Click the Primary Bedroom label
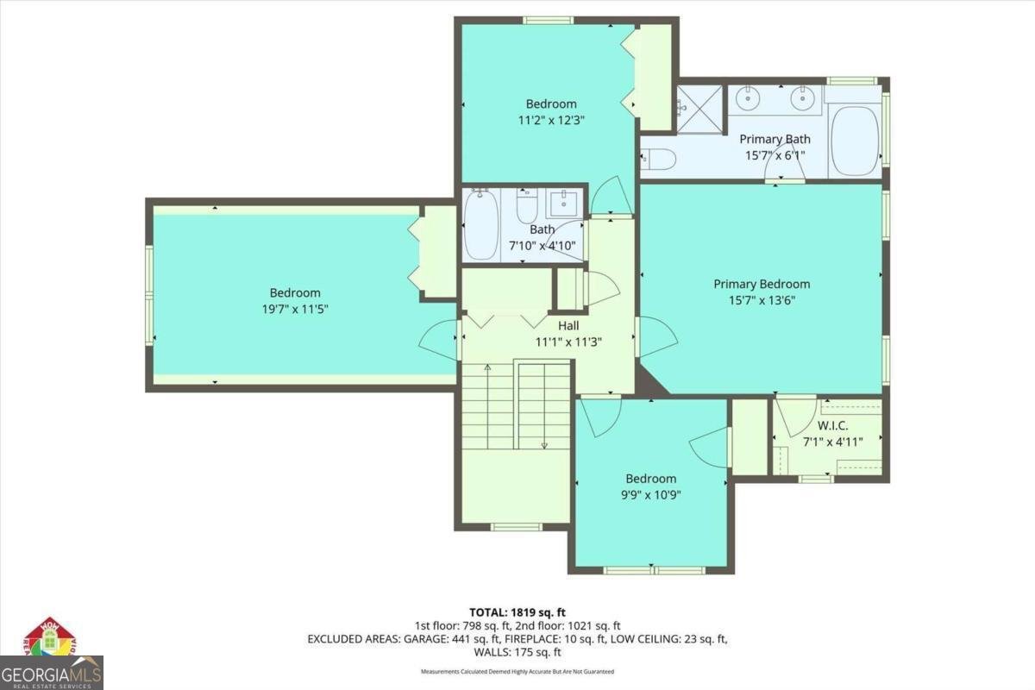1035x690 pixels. point(762,284)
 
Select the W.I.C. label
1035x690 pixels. point(832,425)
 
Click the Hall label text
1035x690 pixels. point(568,325)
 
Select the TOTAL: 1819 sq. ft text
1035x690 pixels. point(517,612)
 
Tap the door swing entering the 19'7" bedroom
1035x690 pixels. point(440,341)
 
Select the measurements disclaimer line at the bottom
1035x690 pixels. point(517,671)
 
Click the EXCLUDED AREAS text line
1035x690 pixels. point(517,639)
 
